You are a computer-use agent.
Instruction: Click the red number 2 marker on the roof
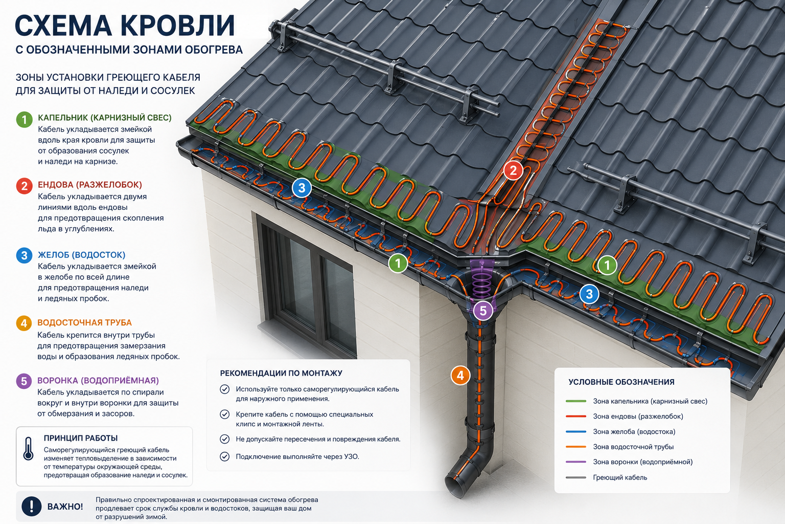coord(513,170)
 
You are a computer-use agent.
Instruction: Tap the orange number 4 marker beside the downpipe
coord(460,375)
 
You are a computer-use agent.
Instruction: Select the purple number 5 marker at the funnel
coord(483,311)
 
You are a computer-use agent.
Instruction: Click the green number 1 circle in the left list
coord(24,120)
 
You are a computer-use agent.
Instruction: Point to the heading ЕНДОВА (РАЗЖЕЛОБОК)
coord(90,185)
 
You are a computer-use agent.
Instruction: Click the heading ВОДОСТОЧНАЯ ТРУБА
coord(84,322)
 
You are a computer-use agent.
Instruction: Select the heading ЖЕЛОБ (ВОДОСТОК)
coord(81,255)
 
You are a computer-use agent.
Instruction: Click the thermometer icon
coord(28,449)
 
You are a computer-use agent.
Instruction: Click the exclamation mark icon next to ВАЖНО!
coord(32,506)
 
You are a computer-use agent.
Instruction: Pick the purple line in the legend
coord(576,462)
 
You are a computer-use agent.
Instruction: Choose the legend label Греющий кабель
coord(620,477)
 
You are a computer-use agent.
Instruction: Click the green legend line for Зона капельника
coord(576,401)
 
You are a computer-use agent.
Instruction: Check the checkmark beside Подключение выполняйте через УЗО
coord(225,456)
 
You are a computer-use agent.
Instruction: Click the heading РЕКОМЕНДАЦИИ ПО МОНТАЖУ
coord(281,373)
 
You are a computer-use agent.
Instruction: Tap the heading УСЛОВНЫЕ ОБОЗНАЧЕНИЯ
coord(621,382)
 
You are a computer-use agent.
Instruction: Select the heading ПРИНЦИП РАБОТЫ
coord(81,438)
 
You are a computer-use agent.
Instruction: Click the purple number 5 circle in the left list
coord(24,381)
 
